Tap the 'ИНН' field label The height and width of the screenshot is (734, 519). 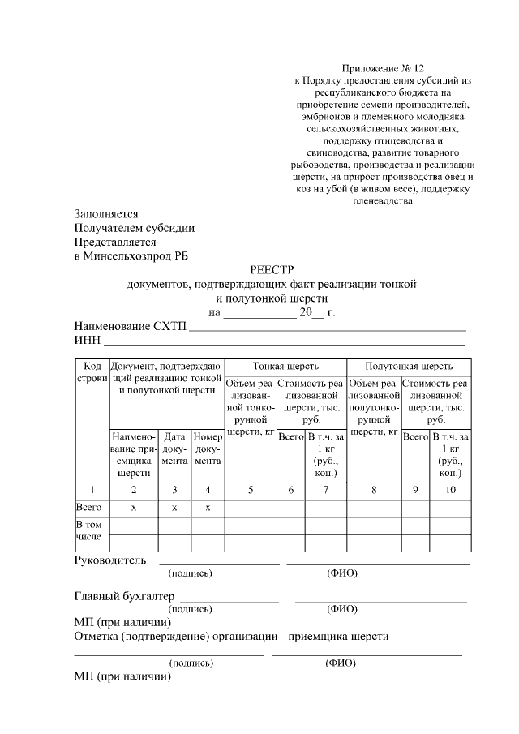[x=86, y=340]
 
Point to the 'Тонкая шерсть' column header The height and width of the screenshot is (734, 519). [x=285, y=366]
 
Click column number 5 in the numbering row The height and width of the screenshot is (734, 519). [x=251, y=489]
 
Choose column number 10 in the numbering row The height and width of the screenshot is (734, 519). [x=450, y=489]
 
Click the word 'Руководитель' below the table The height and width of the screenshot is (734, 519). [x=110, y=560]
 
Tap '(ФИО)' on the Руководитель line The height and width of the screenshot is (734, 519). [x=342, y=573]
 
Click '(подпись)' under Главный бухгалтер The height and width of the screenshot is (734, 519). [x=190, y=609]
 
